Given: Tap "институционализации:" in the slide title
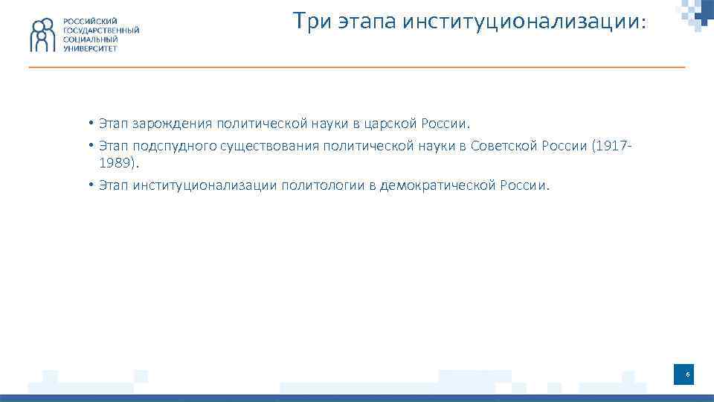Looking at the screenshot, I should (525, 22).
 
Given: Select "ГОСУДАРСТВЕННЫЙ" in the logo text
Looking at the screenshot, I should (100, 30).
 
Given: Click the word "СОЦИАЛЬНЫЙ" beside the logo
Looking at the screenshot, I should (90, 39).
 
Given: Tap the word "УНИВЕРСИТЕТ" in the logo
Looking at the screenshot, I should (90, 48).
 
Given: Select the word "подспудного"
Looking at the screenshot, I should (175, 146).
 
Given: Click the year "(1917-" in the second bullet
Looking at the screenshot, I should (612, 146).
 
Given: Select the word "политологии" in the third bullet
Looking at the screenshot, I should (322, 185).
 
